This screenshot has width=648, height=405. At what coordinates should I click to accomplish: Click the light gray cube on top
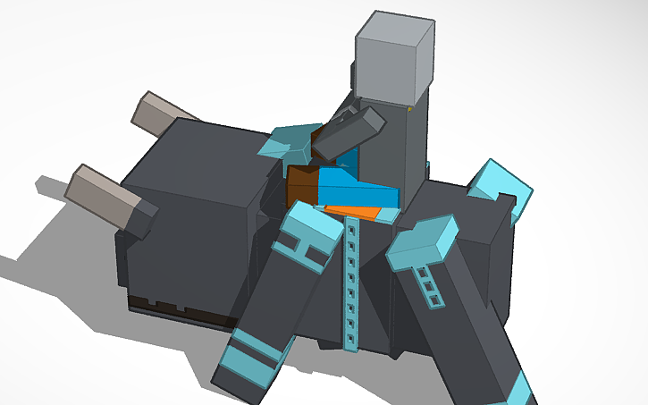pyautogui.click(x=394, y=55)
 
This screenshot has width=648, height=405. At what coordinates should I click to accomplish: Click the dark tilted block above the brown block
pyautogui.click(x=347, y=131)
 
